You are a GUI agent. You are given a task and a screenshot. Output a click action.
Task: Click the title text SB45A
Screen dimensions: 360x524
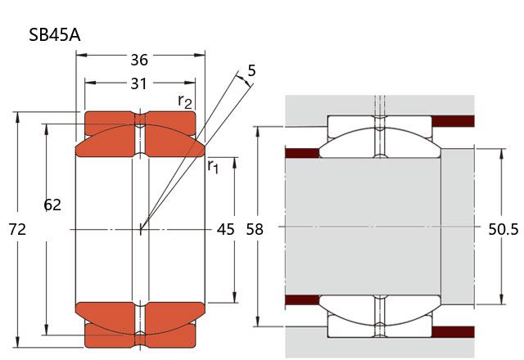54,34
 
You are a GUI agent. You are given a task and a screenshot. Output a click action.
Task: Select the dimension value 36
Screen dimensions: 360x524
140,59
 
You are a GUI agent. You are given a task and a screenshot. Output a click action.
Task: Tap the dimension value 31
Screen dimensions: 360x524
140,83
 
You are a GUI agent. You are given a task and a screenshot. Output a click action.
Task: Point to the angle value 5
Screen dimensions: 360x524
251,71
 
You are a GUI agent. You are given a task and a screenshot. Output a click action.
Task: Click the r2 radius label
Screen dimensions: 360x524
186,101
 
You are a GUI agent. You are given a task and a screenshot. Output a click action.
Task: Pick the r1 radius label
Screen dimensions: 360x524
213,166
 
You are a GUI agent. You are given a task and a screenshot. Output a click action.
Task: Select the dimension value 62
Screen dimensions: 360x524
52,205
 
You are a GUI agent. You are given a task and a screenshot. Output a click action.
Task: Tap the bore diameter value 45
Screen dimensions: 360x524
225,230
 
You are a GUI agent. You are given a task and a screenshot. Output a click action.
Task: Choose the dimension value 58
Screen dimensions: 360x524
255,230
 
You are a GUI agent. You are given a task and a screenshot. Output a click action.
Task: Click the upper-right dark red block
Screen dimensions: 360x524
453,121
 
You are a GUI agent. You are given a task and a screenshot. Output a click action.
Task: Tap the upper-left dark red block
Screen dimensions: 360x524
301,152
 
